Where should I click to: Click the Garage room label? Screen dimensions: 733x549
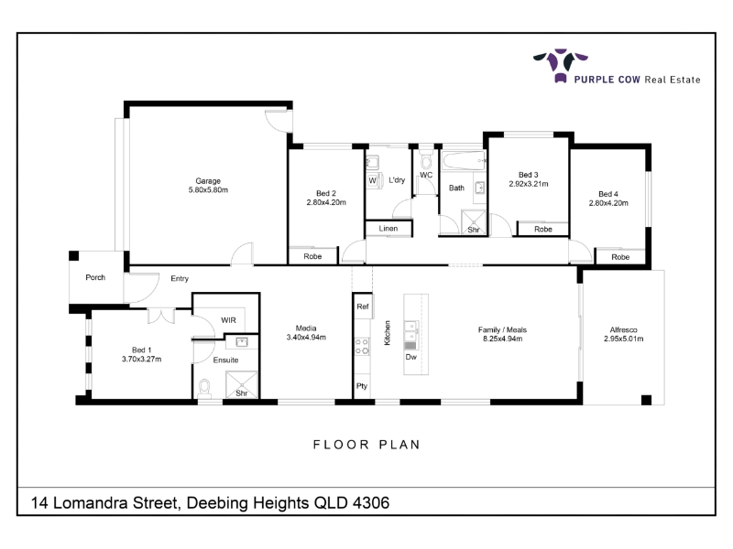208,180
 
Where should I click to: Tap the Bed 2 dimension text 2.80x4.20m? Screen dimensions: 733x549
326,202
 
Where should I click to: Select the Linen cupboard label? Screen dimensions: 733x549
388,228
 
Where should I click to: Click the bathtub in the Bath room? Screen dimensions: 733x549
465,161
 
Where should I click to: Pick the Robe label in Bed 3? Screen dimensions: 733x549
543,230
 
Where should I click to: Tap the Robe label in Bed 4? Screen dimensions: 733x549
620,257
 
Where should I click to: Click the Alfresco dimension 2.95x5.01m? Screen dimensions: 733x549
624,339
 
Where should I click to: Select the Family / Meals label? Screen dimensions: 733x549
502,329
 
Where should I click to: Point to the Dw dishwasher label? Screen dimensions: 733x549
410,357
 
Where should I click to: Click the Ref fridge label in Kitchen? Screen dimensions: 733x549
363,307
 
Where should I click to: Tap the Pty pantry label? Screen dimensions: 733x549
362,386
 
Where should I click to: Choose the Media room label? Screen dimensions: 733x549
306,328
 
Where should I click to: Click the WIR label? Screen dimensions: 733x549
228,320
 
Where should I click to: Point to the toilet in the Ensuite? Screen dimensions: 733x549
204,388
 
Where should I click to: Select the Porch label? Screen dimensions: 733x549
95,277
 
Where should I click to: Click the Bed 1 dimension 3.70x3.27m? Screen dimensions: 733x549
142,359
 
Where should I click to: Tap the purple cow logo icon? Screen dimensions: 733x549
561,65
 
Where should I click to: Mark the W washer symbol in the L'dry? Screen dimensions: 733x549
373,180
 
